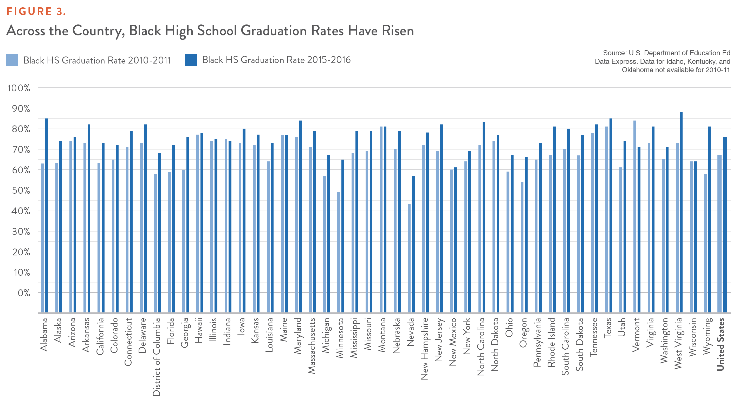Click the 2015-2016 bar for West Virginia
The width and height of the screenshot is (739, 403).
point(681,212)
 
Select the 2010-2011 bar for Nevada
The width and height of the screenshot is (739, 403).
point(409,259)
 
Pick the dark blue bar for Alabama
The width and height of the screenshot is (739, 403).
point(47,216)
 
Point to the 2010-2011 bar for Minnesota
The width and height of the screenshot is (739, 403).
point(339,253)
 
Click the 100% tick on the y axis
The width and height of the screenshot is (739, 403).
point(19,88)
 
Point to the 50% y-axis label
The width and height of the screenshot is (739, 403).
point(21,191)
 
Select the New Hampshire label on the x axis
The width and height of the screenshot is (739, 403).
point(424,348)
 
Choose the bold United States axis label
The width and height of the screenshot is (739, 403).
point(720,344)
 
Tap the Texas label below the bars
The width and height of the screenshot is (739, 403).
point(607,328)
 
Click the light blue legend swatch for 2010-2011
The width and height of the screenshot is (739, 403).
point(12,60)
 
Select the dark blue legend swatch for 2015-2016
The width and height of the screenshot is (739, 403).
point(191,60)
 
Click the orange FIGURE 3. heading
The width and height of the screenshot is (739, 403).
point(36,11)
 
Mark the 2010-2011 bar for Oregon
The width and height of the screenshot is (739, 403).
point(522,247)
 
